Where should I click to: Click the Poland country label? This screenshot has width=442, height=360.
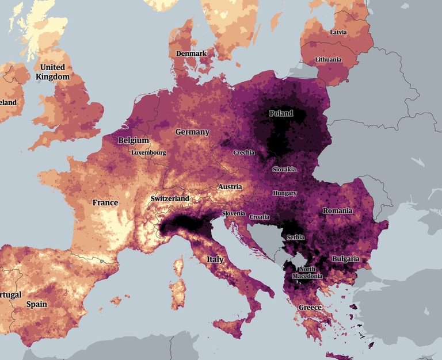click(x=281, y=113)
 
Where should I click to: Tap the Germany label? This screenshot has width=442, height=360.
click(x=192, y=132)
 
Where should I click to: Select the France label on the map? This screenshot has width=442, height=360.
click(x=105, y=202)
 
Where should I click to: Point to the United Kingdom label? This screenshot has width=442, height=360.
click(x=52, y=72)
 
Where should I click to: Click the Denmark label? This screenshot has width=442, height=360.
click(x=191, y=53)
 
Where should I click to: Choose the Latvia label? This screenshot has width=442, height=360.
click(x=338, y=32)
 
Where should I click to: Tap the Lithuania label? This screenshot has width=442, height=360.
click(x=328, y=60)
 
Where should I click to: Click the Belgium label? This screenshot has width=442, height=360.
click(x=134, y=140)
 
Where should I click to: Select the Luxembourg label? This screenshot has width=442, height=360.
click(x=148, y=153)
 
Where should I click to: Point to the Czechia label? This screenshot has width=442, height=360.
click(x=243, y=152)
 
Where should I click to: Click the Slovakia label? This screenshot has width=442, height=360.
click(x=284, y=169)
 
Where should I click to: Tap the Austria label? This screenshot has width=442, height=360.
click(x=230, y=187)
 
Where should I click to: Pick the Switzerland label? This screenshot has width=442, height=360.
click(x=170, y=198)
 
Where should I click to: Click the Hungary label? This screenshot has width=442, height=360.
click(x=284, y=193)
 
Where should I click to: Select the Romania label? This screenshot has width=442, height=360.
click(x=337, y=211)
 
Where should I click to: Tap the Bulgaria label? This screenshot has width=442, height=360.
click(x=345, y=259)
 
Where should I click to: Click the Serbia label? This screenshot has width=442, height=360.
click(x=295, y=237)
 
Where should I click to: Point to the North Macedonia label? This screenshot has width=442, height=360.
click(x=307, y=273)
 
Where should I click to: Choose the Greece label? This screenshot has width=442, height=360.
click(x=310, y=308)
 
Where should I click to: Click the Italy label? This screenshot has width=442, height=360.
click(x=215, y=259)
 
